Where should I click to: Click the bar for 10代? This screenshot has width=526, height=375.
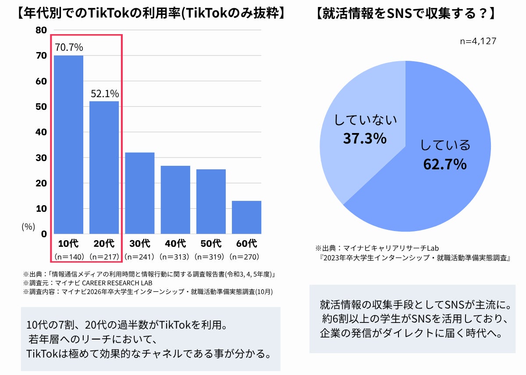click(x=68, y=144)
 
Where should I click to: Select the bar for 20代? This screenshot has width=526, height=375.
click(x=104, y=168)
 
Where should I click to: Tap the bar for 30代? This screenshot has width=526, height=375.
click(x=140, y=193)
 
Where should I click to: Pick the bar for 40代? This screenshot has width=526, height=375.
click(x=175, y=200)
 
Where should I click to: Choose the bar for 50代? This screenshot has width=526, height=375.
click(x=211, y=201)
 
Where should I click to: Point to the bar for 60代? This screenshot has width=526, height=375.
click(x=246, y=217)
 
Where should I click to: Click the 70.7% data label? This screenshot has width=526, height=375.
click(x=68, y=47)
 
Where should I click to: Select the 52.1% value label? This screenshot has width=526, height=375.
click(x=105, y=94)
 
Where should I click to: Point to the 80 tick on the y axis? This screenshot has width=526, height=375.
click(x=41, y=30)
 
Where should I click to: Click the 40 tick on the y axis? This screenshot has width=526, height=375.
click(x=41, y=132)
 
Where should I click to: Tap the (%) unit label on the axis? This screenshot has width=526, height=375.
click(x=28, y=227)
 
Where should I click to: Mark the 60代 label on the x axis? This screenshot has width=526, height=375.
click(x=246, y=243)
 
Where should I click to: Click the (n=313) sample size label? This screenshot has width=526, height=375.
click(x=175, y=257)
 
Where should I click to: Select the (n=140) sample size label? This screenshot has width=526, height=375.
click(x=68, y=257)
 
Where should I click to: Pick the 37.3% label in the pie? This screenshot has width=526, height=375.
click(x=365, y=139)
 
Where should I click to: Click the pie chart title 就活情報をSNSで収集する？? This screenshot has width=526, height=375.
click(x=405, y=14)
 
